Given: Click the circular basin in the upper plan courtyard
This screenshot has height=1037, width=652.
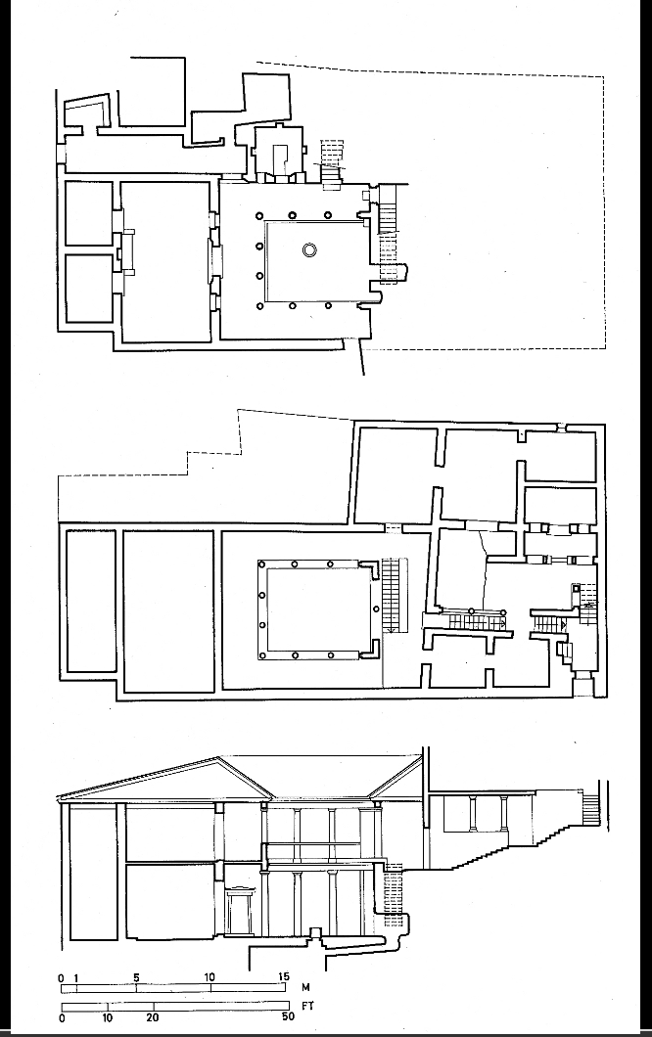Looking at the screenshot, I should [x=310, y=250].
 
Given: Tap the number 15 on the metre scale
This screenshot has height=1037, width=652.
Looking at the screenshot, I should [x=283, y=977].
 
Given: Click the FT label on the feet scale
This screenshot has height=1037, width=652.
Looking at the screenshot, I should [x=305, y=1005].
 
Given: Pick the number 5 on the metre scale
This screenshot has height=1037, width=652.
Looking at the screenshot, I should [x=136, y=977].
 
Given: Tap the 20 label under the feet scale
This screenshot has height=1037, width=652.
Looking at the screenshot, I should [x=153, y=1017].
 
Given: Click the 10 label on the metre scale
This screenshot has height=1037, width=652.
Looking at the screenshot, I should [x=210, y=977].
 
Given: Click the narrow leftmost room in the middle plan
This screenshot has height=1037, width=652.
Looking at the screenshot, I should [x=91, y=601].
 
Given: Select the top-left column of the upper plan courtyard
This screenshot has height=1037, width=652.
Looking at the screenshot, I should [x=259, y=216].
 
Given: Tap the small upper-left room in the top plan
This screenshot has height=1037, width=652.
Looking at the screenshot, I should [x=89, y=213].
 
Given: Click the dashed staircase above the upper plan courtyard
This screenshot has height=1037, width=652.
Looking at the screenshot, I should [x=333, y=158].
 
